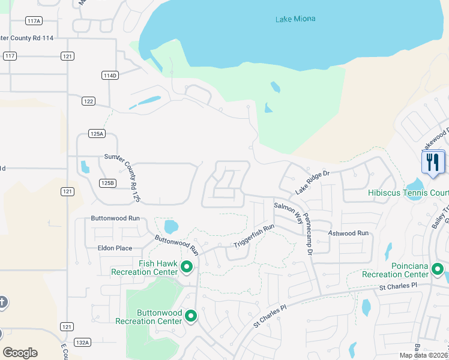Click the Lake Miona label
295,19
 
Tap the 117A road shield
34,21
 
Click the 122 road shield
88,101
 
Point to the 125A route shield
97,133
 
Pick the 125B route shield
107,183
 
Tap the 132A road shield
82,342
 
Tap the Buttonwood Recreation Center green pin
191,316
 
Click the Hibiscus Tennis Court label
408,193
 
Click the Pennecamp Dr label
308,235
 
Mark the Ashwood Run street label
348,233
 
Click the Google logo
20,353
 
